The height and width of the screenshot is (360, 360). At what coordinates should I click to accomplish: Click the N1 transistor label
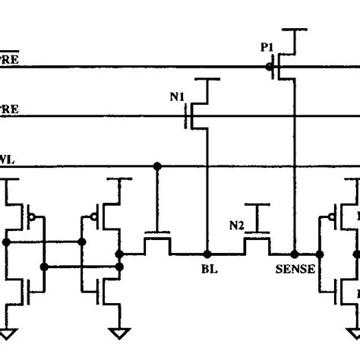pyautogui.click(x=177, y=96)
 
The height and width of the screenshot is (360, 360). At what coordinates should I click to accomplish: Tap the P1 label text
pyautogui.click(x=267, y=46)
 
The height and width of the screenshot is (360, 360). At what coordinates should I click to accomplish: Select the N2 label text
pyautogui.click(x=237, y=224)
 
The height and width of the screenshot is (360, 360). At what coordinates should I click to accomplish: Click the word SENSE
pyautogui.click(x=295, y=268)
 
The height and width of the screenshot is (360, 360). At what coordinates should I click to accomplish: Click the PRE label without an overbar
pyautogui.click(x=9, y=109)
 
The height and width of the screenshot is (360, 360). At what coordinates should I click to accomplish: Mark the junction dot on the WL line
pyautogui.click(x=157, y=166)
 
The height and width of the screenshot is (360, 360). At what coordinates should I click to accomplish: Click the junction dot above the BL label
pyautogui.click(x=206, y=254)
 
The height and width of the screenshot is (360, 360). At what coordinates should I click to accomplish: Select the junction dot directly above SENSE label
pyautogui.click(x=293, y=254)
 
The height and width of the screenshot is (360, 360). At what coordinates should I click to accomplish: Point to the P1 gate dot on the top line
pyautogui.click(x=270, y=67)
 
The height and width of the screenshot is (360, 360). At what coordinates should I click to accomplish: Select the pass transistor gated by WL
pyautogui.click(x=157, y=243)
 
